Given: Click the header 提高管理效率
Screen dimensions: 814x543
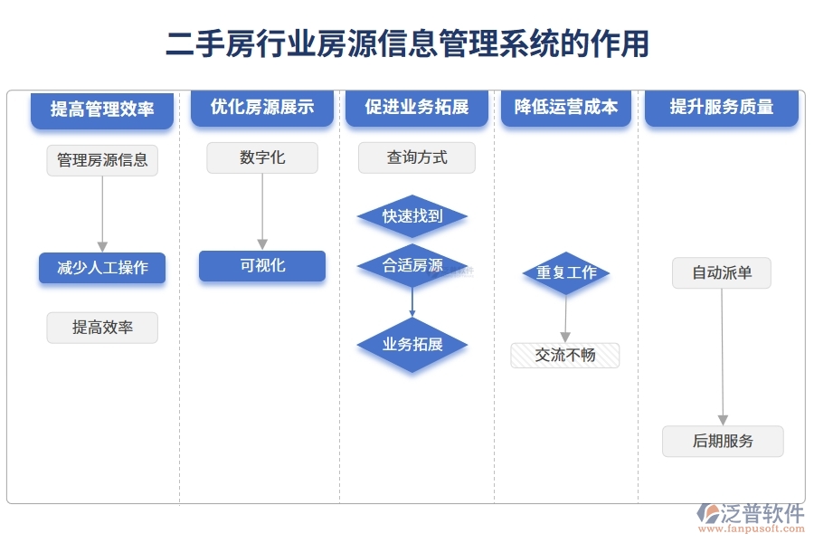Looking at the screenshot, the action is pos(101,110).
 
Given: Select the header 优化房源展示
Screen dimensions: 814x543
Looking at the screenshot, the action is pos(262,108).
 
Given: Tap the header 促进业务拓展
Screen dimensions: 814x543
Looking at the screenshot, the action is pos(417,108).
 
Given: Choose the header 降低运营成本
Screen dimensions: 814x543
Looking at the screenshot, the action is pos(566,108).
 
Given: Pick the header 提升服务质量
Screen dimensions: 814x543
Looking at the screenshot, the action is pos(722,108).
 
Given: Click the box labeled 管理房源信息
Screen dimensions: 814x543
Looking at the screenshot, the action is pos(102,160).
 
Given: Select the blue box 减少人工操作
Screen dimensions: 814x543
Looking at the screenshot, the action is pos(102,268).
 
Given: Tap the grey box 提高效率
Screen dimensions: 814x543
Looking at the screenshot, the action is pos(102,328).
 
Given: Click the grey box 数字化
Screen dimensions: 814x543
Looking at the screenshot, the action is pos(262,158).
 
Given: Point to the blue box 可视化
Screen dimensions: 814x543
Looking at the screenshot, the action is pos(262,266).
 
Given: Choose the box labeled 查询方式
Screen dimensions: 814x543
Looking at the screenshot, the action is pos(417,158).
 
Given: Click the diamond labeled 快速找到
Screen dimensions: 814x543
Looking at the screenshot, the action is pos(412,216).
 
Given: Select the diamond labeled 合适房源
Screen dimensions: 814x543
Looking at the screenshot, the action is pos(412,266).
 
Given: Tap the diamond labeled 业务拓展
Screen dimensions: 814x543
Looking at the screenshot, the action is pos(412,345).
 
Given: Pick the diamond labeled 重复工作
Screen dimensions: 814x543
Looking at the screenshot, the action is pos(566,272).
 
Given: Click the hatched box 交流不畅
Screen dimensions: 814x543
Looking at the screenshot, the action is pos(564,356).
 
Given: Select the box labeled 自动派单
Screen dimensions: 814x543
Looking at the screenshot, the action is pos(722,272).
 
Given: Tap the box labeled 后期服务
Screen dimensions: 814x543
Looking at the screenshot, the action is pos(723,442).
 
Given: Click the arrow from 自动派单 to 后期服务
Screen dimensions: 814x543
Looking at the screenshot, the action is pos(722,357).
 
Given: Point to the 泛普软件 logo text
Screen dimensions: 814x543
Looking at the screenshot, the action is pos(762,514).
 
